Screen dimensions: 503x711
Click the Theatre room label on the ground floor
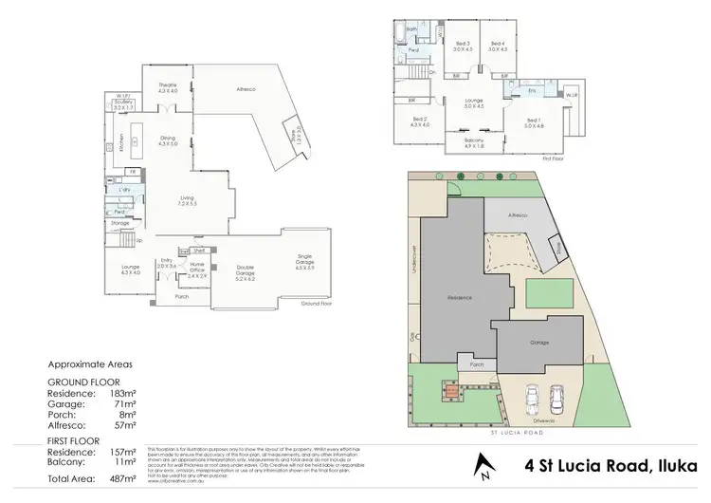point(167,86)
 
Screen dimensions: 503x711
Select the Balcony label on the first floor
point(474,141)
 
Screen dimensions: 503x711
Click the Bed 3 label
point(462,43)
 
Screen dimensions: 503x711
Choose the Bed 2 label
point(420,119)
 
